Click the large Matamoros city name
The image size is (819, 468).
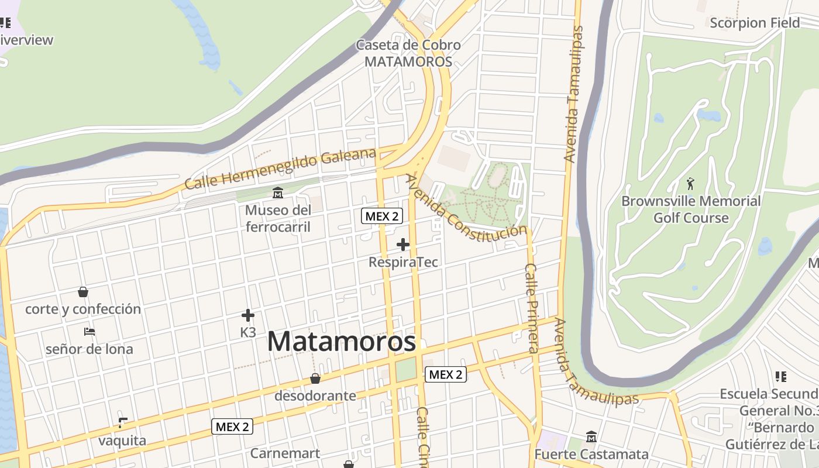342,342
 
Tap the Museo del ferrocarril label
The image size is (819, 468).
278,218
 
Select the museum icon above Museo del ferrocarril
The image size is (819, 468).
278,192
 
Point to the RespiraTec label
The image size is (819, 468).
403,262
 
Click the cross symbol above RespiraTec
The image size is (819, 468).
403,244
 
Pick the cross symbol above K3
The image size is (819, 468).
248,316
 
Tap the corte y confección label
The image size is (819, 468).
83,309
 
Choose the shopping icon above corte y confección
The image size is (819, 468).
83,291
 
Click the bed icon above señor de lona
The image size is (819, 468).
90,332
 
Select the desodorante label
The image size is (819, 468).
315,395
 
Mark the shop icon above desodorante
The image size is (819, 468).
315,378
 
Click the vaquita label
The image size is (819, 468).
122,440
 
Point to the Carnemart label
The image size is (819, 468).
285,453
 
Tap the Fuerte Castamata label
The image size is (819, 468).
591,455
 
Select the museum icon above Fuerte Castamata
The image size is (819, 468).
591,437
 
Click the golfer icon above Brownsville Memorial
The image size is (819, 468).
690,184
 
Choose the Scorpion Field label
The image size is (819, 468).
755,23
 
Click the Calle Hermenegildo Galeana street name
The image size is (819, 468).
280,169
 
